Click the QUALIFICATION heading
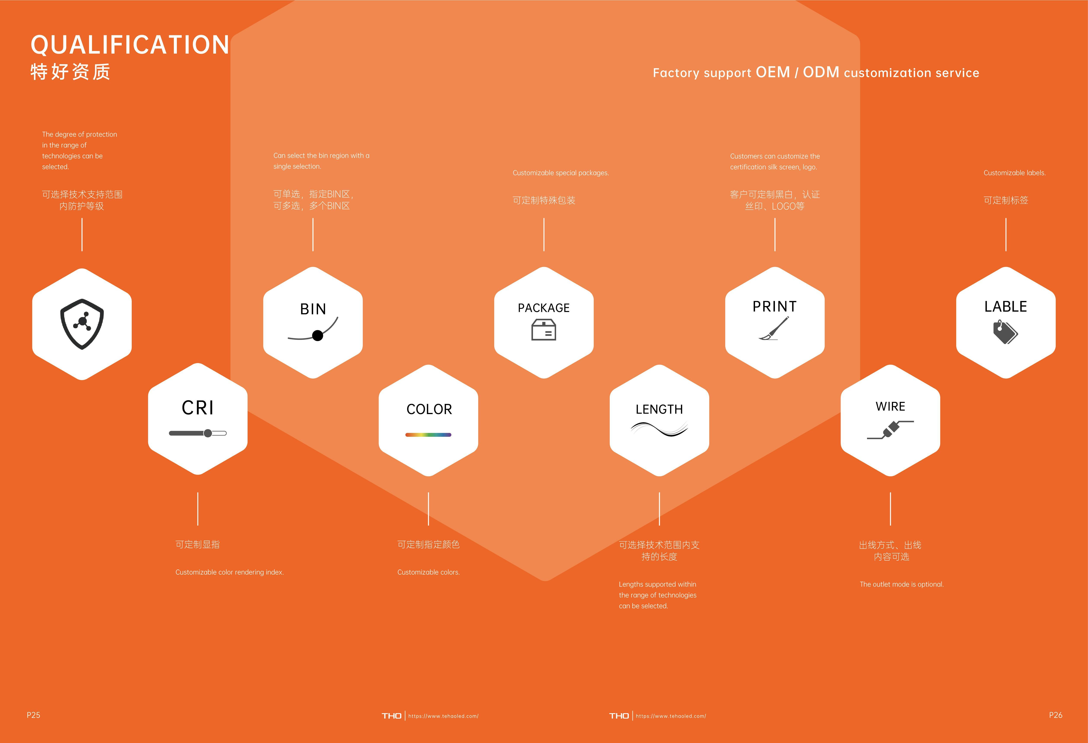(x=130, y=45)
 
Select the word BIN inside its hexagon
(x=313, y=309)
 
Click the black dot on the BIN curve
(x=317, y=335)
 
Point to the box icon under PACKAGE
(x=544, y=330)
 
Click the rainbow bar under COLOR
(x=428, y=435)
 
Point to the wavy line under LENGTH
(x=659, y=428)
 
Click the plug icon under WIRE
(x=890, y=429)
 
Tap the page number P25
(x=33, y=715)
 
